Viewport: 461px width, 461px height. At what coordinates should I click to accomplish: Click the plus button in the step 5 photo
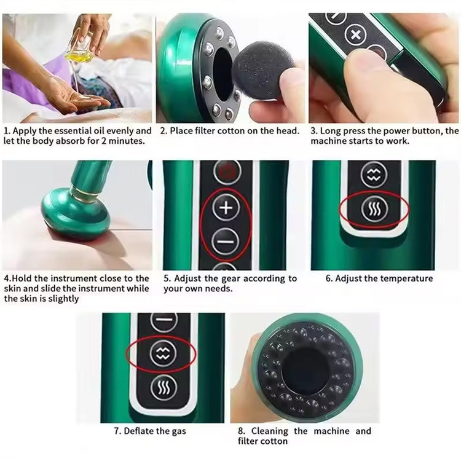(226, 208)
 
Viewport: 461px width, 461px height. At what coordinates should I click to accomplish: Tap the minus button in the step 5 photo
(226, 242)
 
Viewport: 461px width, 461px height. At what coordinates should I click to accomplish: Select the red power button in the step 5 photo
(227, 171)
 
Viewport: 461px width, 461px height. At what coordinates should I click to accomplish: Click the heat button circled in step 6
(374, 209)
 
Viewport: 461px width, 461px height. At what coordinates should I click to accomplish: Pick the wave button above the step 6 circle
(374, 175)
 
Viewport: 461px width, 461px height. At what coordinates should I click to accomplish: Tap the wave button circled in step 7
(163, 353)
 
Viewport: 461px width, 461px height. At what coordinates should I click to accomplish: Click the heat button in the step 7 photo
(164, 388)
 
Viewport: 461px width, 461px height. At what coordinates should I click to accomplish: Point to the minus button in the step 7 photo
(164, 320)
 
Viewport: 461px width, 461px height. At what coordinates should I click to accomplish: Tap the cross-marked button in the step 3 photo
(356, 34)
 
